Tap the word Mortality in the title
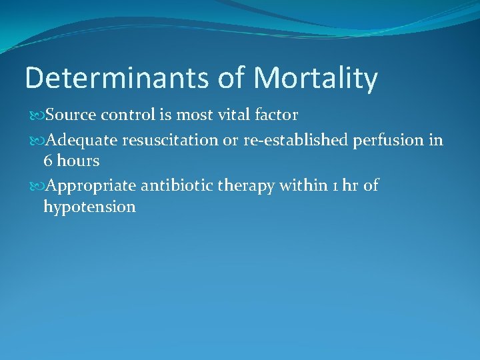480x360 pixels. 315,78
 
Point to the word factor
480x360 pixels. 276,115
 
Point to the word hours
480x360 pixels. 79,161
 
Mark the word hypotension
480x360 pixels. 89,207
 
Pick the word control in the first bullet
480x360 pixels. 127,115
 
